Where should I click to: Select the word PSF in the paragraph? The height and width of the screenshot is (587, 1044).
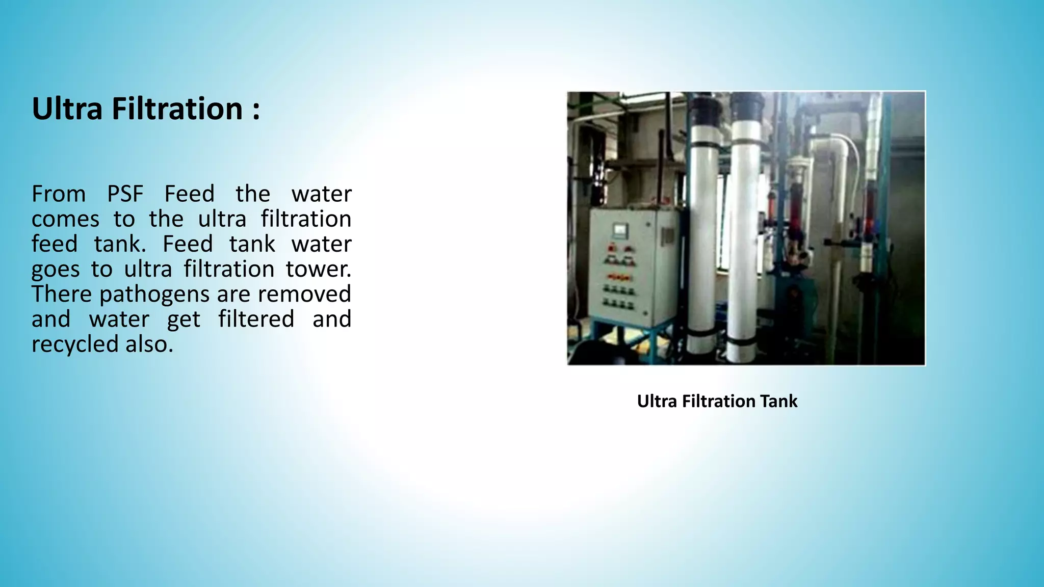coord(125,194)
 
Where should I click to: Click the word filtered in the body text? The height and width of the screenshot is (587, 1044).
coord(256,319)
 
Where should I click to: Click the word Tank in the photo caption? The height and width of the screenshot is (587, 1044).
coord(778,402)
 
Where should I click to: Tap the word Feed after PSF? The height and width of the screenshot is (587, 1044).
coord(189,194)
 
